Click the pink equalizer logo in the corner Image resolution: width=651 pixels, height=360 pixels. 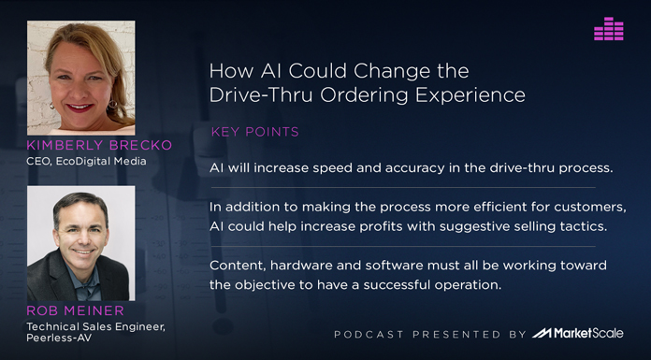[x=608, y=29]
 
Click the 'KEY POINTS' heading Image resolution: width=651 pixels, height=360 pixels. [x=255, y=132]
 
